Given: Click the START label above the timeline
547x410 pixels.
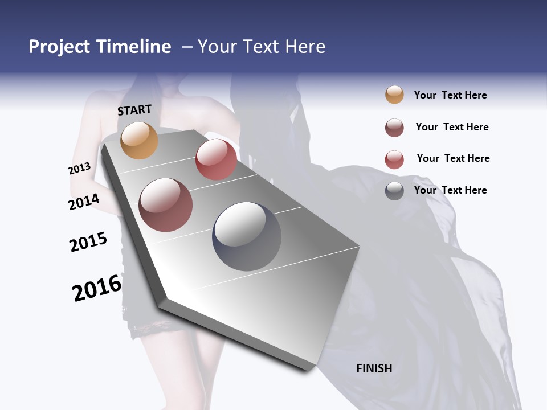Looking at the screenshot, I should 134,110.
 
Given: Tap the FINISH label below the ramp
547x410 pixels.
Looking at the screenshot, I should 374,368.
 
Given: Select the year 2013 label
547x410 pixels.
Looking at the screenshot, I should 80,169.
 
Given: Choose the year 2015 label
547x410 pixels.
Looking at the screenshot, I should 88,242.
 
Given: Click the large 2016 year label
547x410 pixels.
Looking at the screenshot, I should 97,288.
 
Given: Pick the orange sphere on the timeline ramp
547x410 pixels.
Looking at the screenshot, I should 139,140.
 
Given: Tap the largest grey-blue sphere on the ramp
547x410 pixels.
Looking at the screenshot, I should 247,236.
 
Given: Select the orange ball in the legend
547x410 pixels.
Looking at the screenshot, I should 394,95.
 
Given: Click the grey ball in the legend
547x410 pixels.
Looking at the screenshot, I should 394,190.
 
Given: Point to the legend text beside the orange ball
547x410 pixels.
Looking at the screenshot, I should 450,95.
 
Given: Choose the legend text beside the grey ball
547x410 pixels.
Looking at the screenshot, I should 450,190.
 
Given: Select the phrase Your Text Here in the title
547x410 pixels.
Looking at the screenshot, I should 262,47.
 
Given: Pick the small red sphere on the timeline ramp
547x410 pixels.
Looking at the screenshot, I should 216,159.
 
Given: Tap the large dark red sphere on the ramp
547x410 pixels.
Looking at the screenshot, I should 166,205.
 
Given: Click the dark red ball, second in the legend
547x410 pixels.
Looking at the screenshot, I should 394,128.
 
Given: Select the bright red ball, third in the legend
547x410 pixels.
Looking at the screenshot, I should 394,159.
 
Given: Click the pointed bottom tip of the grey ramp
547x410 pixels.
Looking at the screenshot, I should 308,369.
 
